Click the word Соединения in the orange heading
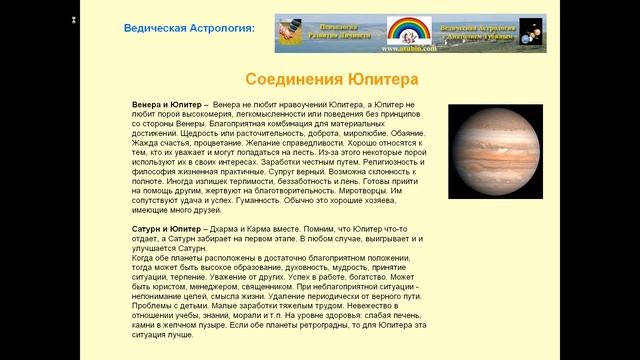coord(294,79)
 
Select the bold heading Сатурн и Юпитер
coord(167,229)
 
